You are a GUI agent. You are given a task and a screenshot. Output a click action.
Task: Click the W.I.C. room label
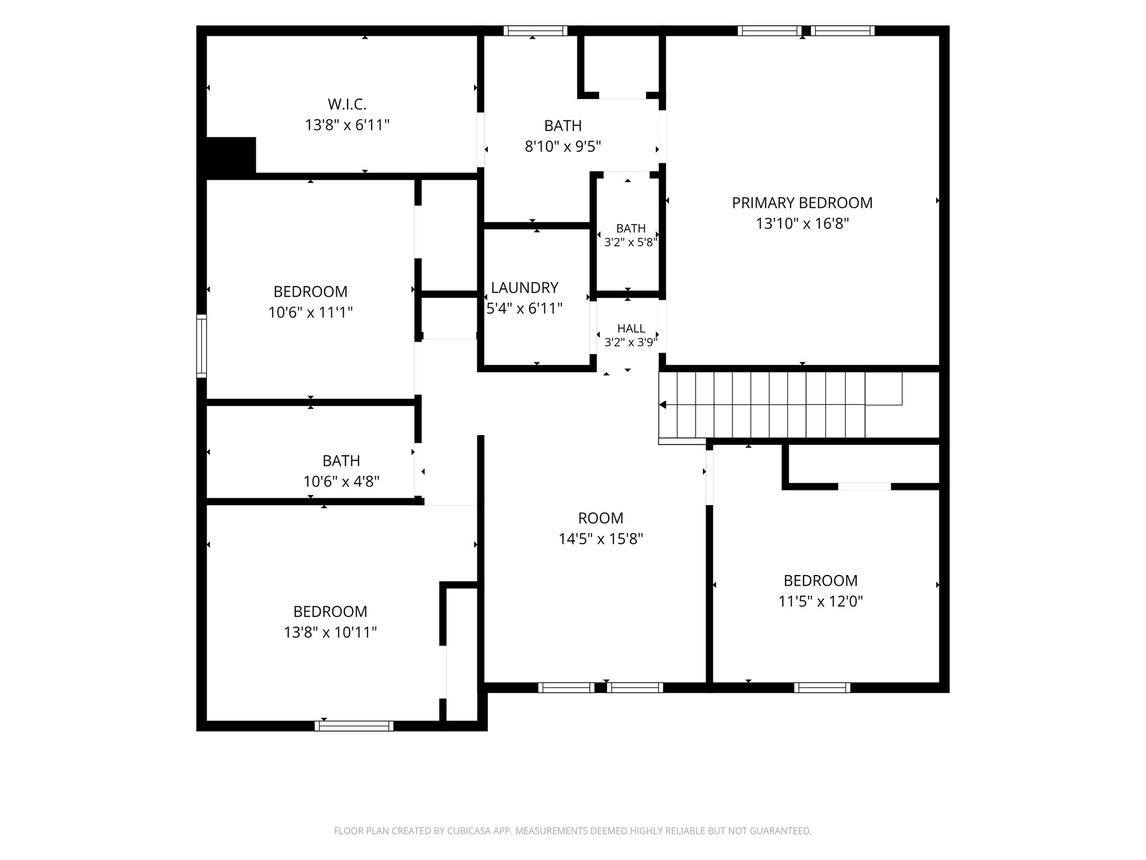pos(347,104)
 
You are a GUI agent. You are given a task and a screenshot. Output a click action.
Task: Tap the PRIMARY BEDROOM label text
pos(802,203)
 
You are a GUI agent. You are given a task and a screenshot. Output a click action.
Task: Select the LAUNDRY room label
pos(524,287)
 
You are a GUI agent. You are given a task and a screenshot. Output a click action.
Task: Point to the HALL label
pos(631,329)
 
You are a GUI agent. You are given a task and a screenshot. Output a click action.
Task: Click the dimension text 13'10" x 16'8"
pos(802,223)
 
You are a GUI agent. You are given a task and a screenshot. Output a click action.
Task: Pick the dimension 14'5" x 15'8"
pos(600,539)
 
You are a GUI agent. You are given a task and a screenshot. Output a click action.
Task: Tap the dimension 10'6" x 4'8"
pos(341,481)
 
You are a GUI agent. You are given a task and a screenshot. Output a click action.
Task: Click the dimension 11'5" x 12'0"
pos(820,601)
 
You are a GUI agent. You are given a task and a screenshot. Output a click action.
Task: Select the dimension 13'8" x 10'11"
pos(330,632)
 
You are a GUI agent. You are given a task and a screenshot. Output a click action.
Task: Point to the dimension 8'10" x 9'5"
pos(563,146)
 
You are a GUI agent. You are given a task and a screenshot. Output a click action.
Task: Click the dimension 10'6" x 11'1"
pos(311,312)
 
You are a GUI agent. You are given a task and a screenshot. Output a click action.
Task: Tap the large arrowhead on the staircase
pos(663,404)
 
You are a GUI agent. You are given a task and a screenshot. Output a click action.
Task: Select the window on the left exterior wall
pos(201,345)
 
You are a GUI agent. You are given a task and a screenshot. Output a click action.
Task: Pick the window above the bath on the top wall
pos(536,31)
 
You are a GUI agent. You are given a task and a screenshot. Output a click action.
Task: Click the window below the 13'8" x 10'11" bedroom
pos(354,726)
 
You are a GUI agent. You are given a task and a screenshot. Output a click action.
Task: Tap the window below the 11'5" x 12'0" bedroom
pos(822,688)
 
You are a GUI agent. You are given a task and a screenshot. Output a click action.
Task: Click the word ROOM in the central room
pos(600,518)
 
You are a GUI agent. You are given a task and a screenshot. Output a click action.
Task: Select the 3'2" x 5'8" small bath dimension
pos(631,242)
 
